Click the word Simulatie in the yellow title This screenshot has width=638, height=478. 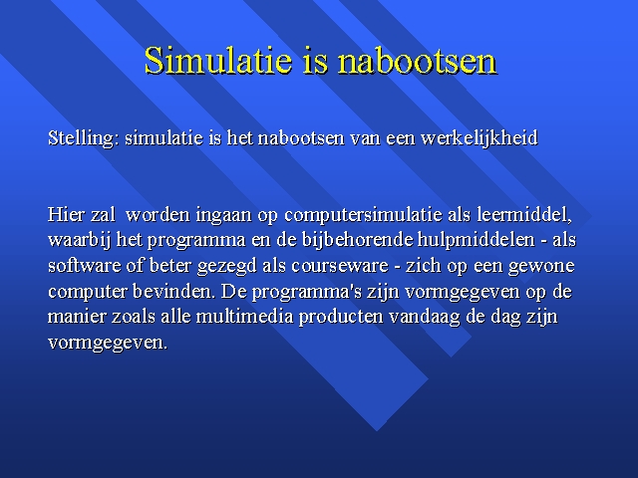218,60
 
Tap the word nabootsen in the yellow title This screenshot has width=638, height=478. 417,60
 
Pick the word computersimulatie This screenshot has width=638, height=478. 363,215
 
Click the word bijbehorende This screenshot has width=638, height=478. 357,241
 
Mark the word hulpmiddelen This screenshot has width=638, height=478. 477,241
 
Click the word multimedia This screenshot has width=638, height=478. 244,317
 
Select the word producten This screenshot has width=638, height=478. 341,318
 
